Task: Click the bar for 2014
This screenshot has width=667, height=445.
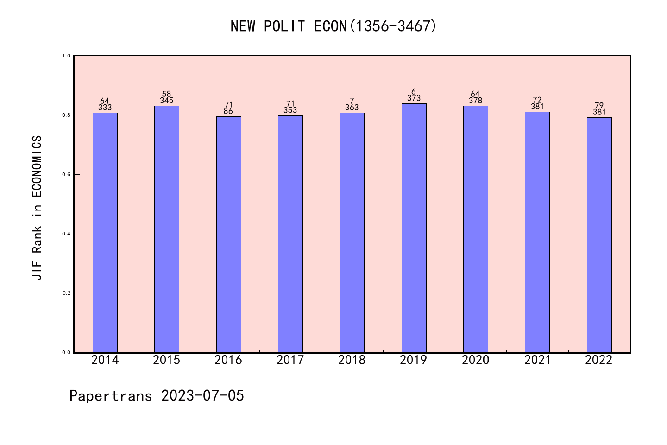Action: [105, 232]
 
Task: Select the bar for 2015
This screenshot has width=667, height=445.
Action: [167, 229]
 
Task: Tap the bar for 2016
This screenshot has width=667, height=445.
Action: [228, 234]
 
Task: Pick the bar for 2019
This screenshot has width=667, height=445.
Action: [414, 228]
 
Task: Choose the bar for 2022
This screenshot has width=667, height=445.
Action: [599, 235]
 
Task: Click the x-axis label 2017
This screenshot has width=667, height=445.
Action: [290, 360]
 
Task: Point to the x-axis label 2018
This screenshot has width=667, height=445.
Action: [352, 360]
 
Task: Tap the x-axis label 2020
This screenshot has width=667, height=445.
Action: [475, 360]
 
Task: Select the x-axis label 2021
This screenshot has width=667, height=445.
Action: [537, 360]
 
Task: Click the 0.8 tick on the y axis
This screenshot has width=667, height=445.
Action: [66, 115]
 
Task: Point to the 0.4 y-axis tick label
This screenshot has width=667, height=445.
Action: [66, 234]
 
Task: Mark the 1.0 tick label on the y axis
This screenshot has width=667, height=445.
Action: [66, 56]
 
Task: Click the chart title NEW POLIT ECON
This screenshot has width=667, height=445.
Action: [333, 26]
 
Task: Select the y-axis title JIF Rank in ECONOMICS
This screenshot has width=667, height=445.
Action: [37, 208]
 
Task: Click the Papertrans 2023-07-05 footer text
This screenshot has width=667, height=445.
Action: [157, 396]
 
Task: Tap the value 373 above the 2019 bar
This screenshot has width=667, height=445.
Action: [414, 98]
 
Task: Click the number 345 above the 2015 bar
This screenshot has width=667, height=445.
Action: [167, 101]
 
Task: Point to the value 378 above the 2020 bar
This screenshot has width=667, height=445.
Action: [475, 101]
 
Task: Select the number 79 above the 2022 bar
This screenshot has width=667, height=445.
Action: [599, 105]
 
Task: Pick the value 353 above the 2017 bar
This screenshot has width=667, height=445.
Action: [290, 110]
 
